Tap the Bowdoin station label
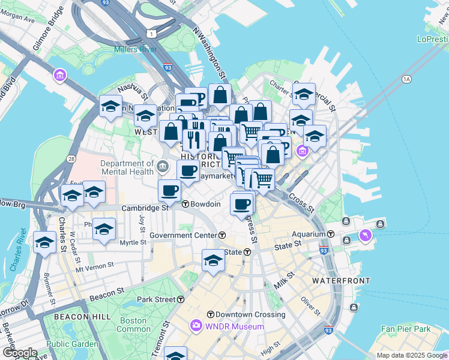(x=206, y=204)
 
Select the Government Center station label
(x=188, y=235)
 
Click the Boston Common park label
(x=133, y=325)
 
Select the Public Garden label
(x=72, y=344)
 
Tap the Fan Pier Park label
(x=406, y=329)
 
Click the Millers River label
(x=134, y=49)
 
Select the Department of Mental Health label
(x=127, y=168)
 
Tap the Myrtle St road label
(x=133, y=242)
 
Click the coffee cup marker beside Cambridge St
(x=169, y=191)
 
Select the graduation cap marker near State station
(x=213, y=260)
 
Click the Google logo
(x=20, y=353)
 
